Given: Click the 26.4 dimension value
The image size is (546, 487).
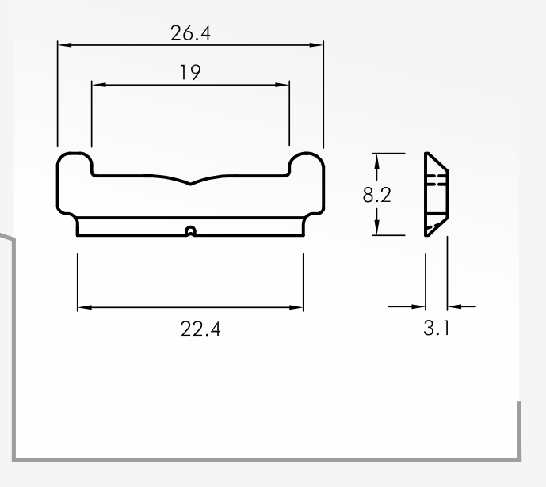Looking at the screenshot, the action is (190, 33).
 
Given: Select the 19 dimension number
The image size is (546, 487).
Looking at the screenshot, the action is (190, 72).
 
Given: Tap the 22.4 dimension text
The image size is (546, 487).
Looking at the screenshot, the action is (200, 329).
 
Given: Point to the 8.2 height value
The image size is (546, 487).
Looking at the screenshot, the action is (376, 195).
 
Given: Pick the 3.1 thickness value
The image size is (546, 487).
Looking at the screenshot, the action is (437, 328).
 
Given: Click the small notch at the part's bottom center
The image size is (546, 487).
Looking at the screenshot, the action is (190, 231).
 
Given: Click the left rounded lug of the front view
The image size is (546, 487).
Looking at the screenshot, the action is (74, 163).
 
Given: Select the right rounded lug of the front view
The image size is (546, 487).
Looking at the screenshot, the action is (307, 163).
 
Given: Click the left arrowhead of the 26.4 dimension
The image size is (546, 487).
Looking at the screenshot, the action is (65, 45).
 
